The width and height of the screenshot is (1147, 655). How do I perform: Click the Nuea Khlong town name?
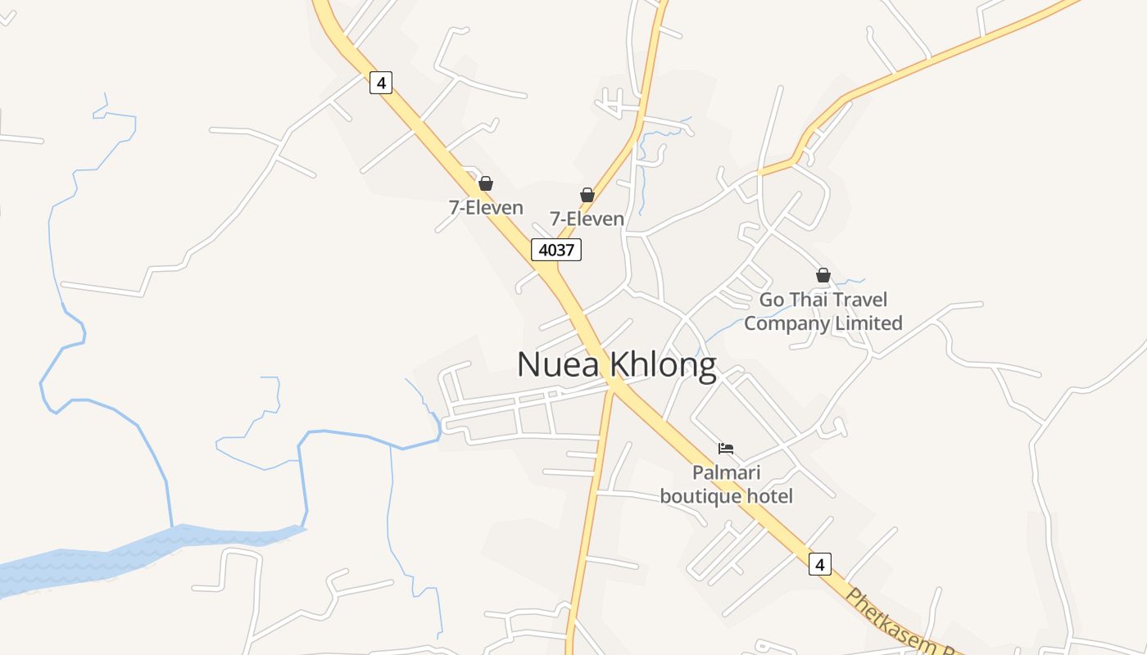click(616, 365)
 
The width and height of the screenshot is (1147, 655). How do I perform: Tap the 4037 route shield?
click(556, 250)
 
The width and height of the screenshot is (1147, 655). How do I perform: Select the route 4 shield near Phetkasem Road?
click(819, 563)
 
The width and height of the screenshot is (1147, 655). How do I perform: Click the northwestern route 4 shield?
click(381, 82)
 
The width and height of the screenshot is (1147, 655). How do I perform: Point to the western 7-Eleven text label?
click(486, 208)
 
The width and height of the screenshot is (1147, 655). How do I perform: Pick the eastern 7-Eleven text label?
click(587, 219)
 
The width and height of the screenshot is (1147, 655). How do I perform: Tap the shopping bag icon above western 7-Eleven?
click(486, 183)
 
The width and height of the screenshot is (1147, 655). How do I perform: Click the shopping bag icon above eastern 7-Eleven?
click(587, 195)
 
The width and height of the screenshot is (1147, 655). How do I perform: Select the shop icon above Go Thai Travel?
click(823, 275)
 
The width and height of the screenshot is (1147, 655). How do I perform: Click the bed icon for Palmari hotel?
click(726, 448)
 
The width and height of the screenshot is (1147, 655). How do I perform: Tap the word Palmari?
click(726, 472)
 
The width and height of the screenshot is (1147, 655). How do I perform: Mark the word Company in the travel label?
click(787, 323)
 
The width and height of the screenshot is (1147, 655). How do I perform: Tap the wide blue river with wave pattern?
click(123, 557)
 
